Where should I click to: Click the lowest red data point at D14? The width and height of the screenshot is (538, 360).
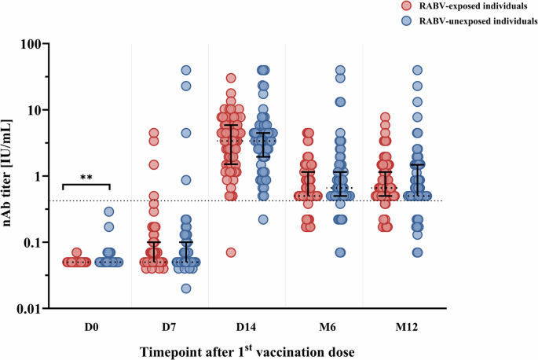[231, 252]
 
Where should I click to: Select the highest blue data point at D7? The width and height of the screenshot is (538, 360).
[186, 71]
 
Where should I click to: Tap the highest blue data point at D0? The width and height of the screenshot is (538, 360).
[109, 211]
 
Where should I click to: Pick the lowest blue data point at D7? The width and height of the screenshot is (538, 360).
[186, 288]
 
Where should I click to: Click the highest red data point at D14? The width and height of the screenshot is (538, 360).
[231, 78]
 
